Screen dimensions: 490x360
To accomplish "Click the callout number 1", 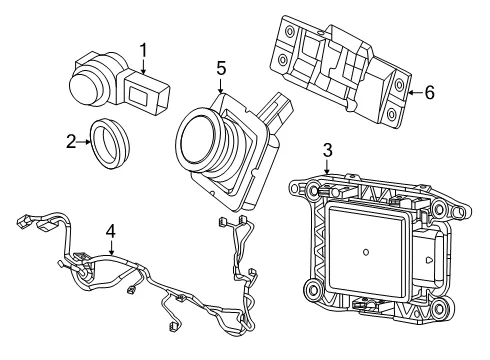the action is click(x=143, y=51).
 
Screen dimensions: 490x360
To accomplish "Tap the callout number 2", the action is click(x=71, y=142).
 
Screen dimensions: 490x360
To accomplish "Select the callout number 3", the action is click(x=328, y=150).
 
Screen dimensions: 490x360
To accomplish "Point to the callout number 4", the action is click(x=111, y=231).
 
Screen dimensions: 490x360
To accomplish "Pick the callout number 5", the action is click(x=221, y=68).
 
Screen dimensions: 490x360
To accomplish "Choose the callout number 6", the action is click(x=430, y=92).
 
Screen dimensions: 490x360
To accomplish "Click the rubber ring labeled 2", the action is click(x=110, y=143).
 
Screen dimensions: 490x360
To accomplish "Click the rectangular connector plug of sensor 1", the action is click(x=147, y=91).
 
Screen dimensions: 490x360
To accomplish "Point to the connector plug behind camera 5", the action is click(x=275, y=109).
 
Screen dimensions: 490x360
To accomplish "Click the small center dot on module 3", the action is click(x=366, y=252).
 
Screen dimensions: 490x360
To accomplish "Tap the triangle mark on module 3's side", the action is click(x=429, y=259).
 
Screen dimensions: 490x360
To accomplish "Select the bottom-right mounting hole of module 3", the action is click(x=440, y=308).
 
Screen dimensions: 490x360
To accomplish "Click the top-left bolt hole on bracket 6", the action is click(x=290, y=33).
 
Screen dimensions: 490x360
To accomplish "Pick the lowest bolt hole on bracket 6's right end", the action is click(x=392, y=114).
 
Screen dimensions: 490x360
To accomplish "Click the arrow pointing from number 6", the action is click(x=415, y=93).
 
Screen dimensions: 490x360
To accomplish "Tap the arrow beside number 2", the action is click(x=83, y=142).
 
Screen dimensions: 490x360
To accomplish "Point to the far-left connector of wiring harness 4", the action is click(x=21, y=222).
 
